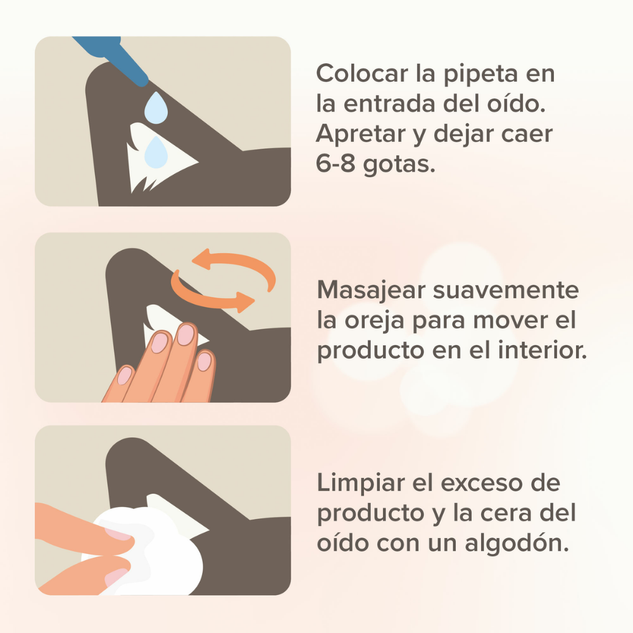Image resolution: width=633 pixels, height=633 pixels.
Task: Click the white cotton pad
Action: tap(158, 554)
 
